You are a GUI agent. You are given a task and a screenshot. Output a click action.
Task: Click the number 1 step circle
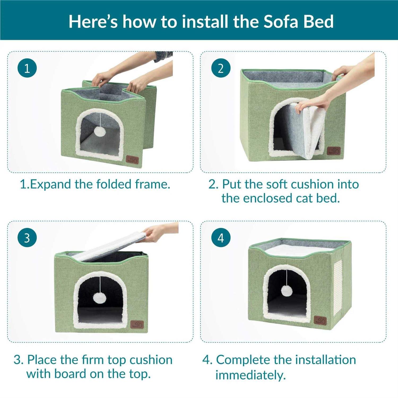[x=27, y=68]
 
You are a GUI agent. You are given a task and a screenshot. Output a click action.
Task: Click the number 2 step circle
[x=221, y=68]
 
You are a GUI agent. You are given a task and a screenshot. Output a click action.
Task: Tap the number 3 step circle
[x=27, y=238]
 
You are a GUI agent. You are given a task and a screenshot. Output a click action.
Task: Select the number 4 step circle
[x=221, y=238]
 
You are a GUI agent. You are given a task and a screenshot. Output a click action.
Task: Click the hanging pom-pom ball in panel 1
[x=100, y=131]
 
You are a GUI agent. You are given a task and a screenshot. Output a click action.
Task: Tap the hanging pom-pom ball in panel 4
[x=287, y=291]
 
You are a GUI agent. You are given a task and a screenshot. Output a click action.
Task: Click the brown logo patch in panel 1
[x=132, y=160]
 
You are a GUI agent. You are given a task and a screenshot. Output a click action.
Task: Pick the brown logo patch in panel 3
[x=137, y=325]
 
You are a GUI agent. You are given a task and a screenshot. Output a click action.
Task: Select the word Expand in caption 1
[x=50, y=184]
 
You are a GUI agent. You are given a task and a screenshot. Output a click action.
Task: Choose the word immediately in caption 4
[x=250, y=375]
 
